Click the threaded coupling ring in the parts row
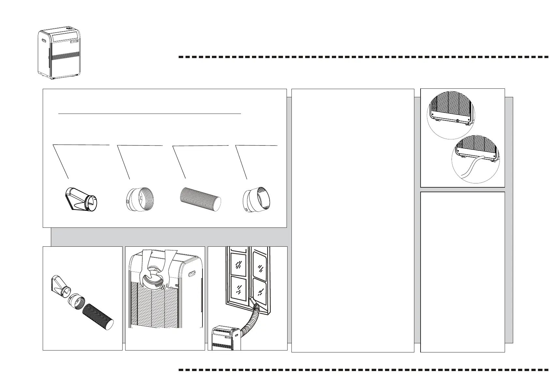(141, 199)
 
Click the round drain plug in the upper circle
(458, 121)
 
